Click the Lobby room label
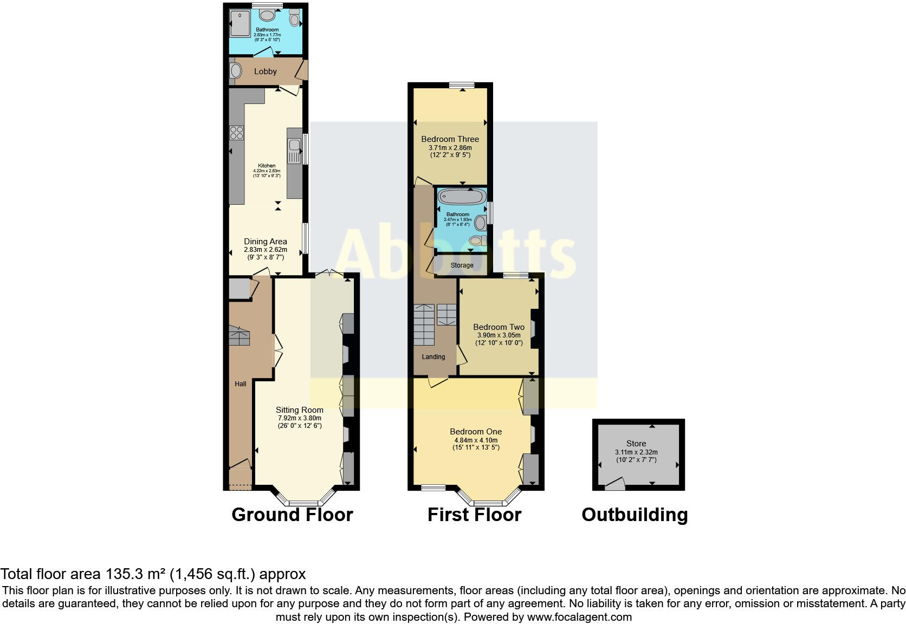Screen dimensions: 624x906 [x=266, y=71]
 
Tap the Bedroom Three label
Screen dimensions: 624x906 [x=450, y=139]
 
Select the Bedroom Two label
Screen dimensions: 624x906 [x=499, y=327]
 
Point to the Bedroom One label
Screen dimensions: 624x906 [x=476, y=432]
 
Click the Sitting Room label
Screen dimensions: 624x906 [x=299, y=410]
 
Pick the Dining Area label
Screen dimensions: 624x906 [x=266, y=242]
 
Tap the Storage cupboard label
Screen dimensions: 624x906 [x=462, y=265]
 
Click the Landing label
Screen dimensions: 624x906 [x=433, y=357]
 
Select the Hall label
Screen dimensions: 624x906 [x=241, y=384]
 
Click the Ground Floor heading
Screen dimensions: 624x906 [x=292, y=515]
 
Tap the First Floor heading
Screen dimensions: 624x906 [x=474, y=515]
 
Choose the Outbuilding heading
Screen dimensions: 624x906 [x=635, y=515]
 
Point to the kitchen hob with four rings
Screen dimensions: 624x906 [x=237, y=133]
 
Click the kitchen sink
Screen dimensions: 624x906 [x=294, y=145]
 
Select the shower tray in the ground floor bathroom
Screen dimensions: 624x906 [x=238, y=25]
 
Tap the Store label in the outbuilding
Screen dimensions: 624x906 [x=636, y=444]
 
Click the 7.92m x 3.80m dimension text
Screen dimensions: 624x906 [x=299, y=418]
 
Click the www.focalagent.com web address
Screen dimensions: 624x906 [x=579, y=617]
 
